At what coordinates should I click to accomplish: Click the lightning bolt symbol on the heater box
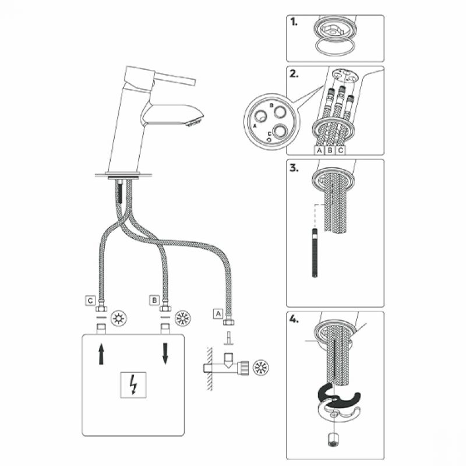133,384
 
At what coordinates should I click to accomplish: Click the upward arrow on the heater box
101,354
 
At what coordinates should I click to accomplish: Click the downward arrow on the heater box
165,354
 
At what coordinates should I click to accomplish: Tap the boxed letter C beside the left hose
90,301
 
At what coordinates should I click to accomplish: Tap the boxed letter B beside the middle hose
154,301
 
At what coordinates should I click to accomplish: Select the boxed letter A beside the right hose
218,313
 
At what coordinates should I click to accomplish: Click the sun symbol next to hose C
119,318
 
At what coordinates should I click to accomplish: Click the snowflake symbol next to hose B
182,318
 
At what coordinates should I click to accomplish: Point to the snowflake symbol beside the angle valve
260,368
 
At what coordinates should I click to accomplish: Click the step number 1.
294,22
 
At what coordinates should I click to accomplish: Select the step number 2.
294,73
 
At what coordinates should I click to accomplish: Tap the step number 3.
294,168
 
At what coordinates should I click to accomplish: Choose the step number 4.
294,319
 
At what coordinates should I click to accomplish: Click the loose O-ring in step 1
335,47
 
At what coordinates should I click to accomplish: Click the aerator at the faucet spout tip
195,121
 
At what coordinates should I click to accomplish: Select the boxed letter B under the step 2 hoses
330,150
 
